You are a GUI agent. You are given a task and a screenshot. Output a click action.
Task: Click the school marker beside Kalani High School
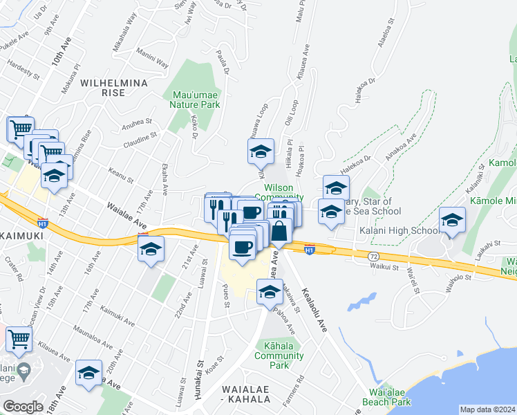452,221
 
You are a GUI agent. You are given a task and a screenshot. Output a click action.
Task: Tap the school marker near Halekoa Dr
336,188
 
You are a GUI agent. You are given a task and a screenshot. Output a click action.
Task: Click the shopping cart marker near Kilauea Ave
19,340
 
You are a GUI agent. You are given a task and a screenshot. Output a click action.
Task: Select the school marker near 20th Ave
88,374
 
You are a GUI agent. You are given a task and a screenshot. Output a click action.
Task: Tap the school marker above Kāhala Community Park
269,292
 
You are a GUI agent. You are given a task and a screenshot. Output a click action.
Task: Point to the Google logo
23,407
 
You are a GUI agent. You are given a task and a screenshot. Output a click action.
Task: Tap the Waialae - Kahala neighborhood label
250,395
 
